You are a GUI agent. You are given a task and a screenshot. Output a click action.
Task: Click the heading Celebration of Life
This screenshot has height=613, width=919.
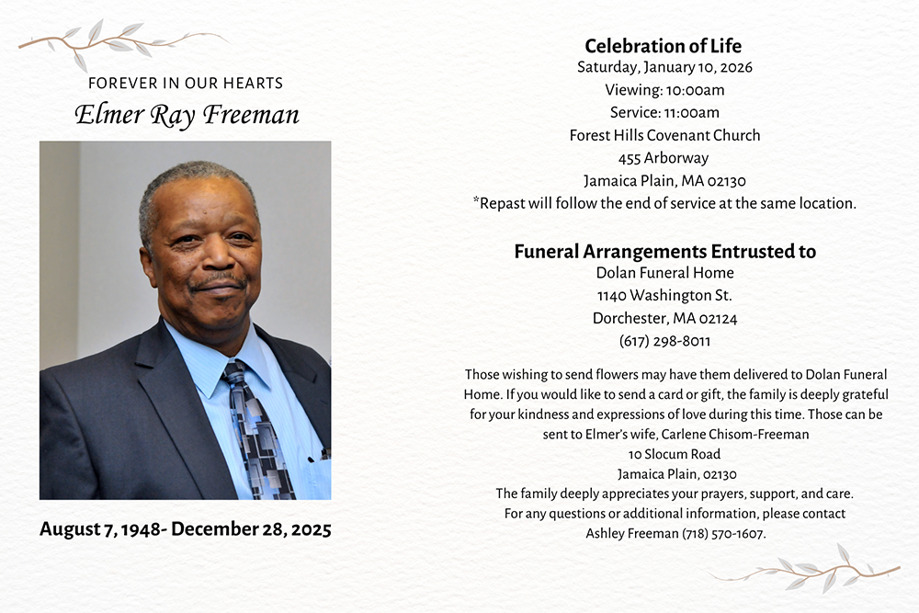(664, 46)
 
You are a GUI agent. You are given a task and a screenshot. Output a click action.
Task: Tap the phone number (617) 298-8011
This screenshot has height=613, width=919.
(664, 341)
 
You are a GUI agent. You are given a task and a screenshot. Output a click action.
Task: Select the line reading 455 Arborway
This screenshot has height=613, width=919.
(664, 158)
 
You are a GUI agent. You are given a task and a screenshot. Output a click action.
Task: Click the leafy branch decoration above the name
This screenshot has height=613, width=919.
(119, 41)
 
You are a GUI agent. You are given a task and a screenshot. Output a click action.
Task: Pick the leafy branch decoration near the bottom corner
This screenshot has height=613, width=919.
(809, 570)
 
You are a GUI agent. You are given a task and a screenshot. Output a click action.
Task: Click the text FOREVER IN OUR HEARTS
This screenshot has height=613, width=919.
(186, 84)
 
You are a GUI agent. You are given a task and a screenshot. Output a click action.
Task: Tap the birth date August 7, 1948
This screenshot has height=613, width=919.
(100, 529)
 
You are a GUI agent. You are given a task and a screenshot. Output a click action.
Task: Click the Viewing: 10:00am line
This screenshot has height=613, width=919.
(664, 90)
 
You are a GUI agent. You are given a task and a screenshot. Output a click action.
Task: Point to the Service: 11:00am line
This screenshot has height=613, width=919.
(664, 113)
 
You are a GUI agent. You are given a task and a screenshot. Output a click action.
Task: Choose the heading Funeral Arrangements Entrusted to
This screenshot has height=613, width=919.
(664, 251)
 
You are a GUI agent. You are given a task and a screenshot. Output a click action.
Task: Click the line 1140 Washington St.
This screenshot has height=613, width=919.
(664, 296)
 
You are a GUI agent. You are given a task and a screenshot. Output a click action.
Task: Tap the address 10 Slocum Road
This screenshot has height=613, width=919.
(675, 454)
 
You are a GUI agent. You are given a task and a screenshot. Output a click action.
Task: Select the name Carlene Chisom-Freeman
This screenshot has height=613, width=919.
(735, 434)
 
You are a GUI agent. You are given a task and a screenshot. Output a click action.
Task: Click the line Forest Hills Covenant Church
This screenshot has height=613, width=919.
(664, 135)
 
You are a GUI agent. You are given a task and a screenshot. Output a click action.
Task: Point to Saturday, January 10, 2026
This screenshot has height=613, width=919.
(664, 67)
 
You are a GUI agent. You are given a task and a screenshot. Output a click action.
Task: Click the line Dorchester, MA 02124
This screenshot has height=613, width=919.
(664, 319)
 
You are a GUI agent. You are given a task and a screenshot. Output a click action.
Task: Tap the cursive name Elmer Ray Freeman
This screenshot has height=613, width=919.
(187, 115)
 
